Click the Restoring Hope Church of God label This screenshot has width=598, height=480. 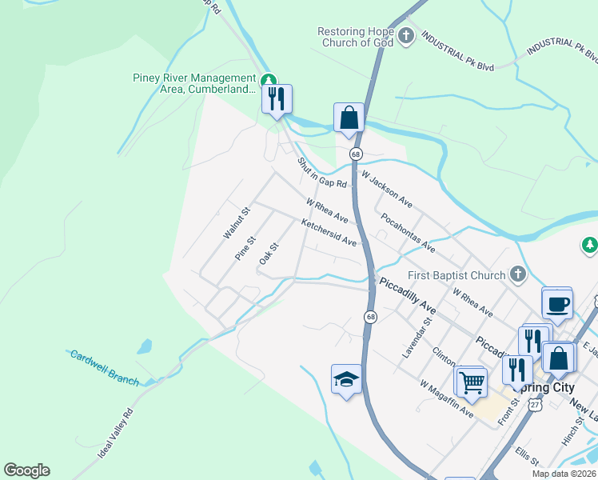click(x=356, y=37)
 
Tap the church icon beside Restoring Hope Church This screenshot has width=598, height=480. click(x=406, y=36)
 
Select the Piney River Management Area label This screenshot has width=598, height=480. click(x=194, y=83)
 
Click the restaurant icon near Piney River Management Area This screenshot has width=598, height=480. click(x=277, y=99)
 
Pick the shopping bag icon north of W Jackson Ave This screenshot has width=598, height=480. click(x=349, y=118)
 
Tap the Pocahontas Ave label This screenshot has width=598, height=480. click(x=408, y=231)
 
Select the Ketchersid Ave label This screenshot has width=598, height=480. click(x=329, y=234)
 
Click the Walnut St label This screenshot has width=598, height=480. click(x=237, y=223)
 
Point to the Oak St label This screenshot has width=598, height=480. click(x=268, y=254)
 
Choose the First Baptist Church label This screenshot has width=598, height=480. click(x=456, y=275)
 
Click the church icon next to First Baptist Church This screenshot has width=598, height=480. click(x=517, y=275)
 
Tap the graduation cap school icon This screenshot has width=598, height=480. click(x=347, y=379)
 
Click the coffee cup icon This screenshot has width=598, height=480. click(x=557, y=303)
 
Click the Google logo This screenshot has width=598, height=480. click(x=26, y=470)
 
